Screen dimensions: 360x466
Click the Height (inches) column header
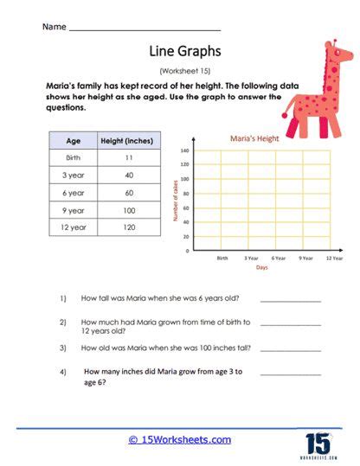(x=127, y=141)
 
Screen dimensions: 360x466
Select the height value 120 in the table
(x=127, y=227)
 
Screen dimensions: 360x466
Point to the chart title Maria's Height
(x=253, y=137)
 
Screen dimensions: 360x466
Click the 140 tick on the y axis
(x=184, y=150)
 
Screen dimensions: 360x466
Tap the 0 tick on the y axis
(x=187, y=250)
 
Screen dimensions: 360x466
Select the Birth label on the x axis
(x=222, y=258)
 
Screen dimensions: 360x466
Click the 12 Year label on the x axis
(x=332, y=258)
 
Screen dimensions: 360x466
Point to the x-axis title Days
(x=261, y=268)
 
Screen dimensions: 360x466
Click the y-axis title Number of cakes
(x=176, y=201)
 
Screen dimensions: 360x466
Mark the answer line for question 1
(x=290, y=300)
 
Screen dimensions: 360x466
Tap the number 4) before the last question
(x=63, y=373)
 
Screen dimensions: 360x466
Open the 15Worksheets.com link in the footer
(x=180, y=440)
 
